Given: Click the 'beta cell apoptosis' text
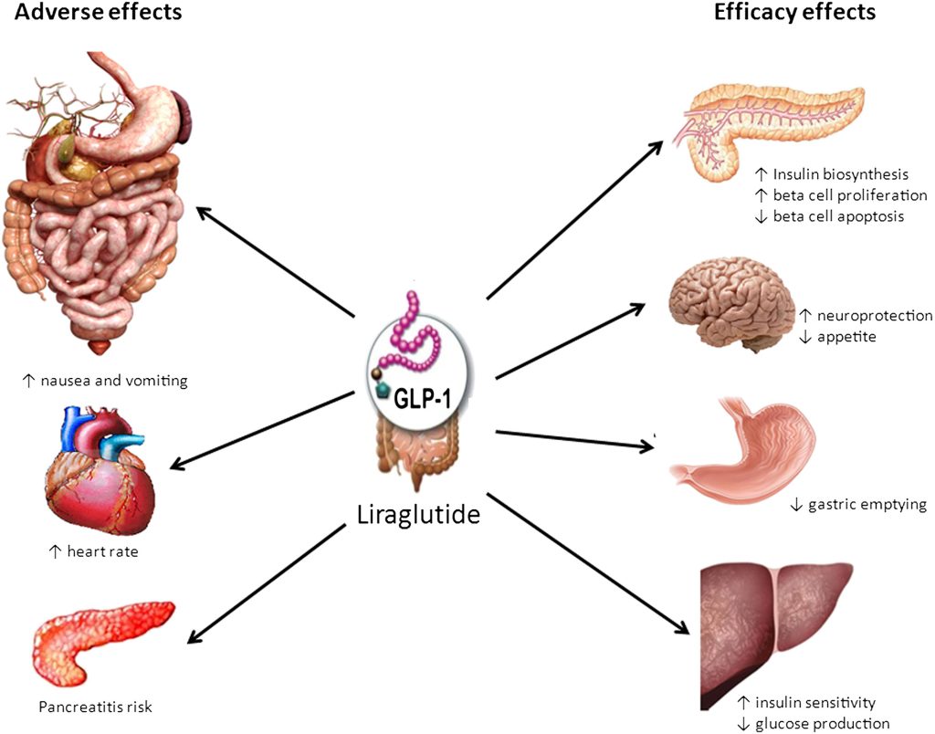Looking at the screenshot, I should pyautogui.click(x=841, y=216).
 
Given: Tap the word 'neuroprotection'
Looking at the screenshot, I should pyautogui.click(x=875, y=316).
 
